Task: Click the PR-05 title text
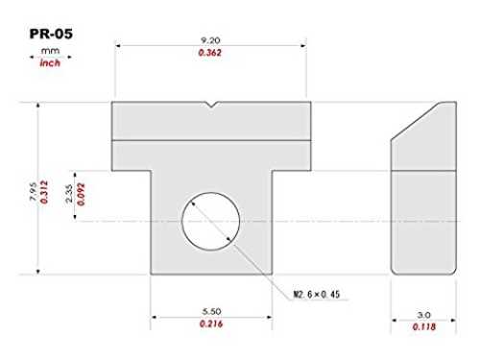tap(51, 34)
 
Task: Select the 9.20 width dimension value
tap(210, 40)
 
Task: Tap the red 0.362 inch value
tap(210, 53)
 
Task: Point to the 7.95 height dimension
tap(33, 192)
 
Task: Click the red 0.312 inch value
tap(44, 192)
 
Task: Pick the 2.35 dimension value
tap(69, 193)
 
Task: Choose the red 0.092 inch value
tap(81, 194)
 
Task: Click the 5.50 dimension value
tap(211, 311)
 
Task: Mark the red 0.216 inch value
tap(211, 324)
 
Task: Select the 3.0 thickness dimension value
tap(423, 315)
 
